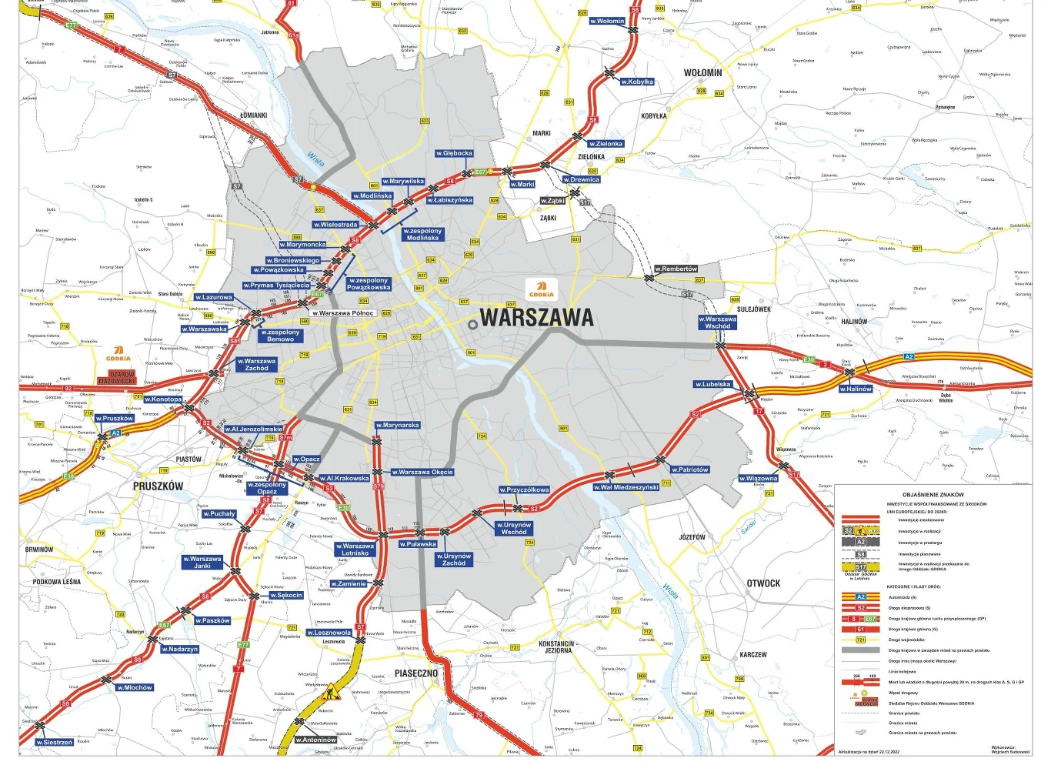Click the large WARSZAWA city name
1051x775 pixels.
[537, 317]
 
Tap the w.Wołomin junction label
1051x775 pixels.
[607, 21]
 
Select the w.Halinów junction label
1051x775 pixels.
[856, 389]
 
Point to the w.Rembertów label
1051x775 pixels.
[676, 269]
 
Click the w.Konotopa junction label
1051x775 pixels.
[163, 399]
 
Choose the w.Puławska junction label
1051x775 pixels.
[418, 544]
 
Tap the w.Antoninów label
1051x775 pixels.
[316, 740]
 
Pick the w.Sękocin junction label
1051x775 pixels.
[286, 595]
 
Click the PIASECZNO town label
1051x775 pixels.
[415, 673]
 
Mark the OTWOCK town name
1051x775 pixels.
[762, 583]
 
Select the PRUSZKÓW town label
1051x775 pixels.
[158, 486]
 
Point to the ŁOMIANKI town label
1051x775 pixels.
[253, 115]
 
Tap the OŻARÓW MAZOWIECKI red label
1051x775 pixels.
[117, 378]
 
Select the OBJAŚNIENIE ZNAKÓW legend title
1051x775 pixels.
[933, 495]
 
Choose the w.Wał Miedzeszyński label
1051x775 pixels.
[626, 487]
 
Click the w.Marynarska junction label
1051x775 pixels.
[398, 425]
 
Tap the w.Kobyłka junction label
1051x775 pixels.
[637, 82]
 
